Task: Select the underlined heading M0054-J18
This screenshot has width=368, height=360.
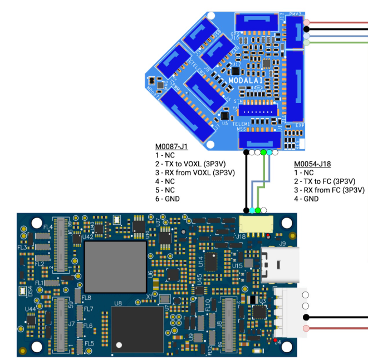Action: coord(312,164)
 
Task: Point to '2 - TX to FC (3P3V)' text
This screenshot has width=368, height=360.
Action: coord(329,181)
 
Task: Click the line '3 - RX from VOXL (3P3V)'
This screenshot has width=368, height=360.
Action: coord(195,172)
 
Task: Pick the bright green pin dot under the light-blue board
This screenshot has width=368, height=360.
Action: coord(263,152)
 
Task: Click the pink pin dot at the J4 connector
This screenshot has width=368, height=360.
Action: coord(306,328)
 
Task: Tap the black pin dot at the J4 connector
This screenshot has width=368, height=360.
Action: coord(306,317)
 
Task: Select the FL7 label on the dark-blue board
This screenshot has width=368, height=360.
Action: coord(89,309)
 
